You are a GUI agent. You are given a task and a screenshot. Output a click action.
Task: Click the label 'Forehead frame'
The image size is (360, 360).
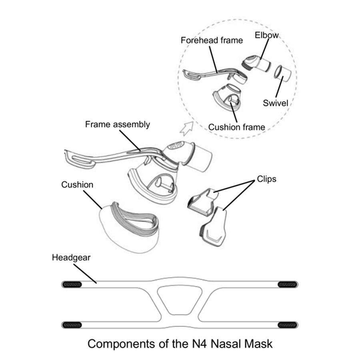pyautogui.click(x=212, y=40)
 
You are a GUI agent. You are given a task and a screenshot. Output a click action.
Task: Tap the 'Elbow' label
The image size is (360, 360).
pyautogui.click(x=267, y=35)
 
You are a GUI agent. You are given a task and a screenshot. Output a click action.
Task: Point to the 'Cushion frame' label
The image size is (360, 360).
pyautogui.click(x=236, y=127)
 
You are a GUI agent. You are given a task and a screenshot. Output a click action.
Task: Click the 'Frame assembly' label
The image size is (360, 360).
pyautogui.click(x=118, y=124)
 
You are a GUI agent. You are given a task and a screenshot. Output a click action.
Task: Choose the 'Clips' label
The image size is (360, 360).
pyautogui.click(x=266, y=179)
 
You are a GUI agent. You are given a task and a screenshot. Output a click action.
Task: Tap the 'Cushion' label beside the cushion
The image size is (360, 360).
pyautogui.click(x=77, y=185)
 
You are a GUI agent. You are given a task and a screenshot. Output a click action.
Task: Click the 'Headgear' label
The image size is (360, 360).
pyautogui.click(x=71, y=258)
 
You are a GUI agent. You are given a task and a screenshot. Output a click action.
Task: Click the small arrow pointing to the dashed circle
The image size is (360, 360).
pyautogui.click(x=186, y=128)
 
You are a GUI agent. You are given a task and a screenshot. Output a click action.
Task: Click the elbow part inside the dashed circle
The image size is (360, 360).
pyautogui.click(x=256, y=62)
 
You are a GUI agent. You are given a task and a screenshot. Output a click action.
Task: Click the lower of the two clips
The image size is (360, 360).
pyautogui.click(x=215, y=226)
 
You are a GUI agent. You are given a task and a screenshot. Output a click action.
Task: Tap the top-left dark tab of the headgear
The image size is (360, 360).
pyautogui.click(x=72, y=284)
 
